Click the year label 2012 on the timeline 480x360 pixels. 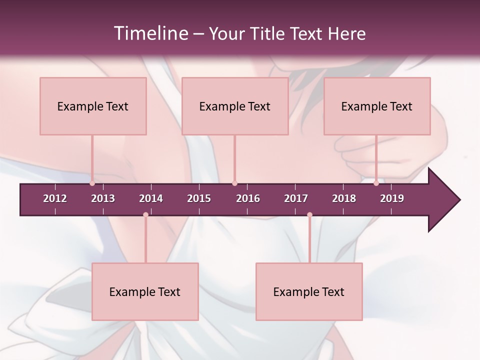[x=55, y=198]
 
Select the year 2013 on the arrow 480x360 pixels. [x=103, y=198]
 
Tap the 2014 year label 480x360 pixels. [x=151, y=198]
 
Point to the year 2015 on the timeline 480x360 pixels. [x=199, y=198]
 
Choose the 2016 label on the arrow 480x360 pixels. [x=248, y=198]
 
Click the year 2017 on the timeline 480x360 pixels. [x=296, y=198]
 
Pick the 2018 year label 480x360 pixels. [x=344, y=198]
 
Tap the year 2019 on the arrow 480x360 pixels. [x=392, y=198]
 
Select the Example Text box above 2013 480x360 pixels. [x=93, y=106]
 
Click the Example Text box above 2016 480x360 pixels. [x=235, y=106]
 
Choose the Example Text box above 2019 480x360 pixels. [x=377, y=106]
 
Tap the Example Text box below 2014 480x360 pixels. [x=145, y=291]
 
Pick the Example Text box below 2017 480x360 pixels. [x=309, y=291]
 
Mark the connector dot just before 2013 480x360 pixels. [x=92, y=183]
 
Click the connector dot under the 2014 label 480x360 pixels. [x=145, y=214]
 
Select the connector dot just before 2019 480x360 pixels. [x=376, y=183]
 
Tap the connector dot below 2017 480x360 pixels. [x=309, y=214]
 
